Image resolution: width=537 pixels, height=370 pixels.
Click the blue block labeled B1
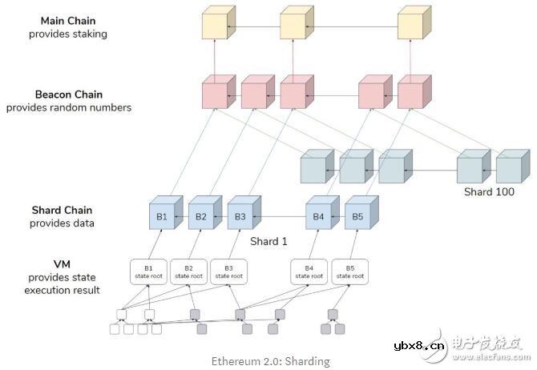[160, 216]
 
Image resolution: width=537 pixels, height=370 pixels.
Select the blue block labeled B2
[200, 216]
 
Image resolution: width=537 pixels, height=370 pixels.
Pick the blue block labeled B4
[317, 216]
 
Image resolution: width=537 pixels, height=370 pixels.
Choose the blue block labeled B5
[357, 216]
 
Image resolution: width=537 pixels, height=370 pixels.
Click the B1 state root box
[148, 271]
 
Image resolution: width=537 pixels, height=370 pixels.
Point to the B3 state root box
[228, 271]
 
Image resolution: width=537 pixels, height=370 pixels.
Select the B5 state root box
[349, 271]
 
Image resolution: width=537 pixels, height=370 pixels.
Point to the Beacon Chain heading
[68, 95]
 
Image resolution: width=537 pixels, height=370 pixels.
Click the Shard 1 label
[268, 241]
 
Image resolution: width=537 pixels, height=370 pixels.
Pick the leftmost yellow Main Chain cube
[214, 26]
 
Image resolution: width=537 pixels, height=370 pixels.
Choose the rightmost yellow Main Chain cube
[411, 26]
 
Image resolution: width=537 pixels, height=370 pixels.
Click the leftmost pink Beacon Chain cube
[214, 95]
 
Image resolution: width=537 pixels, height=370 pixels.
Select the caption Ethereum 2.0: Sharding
[270, 361]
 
